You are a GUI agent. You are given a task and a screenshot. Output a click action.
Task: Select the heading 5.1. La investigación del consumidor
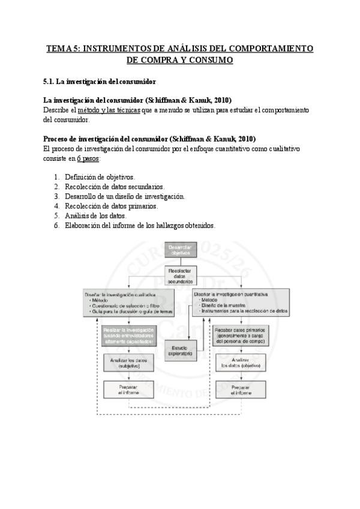pyautogui.click(x=100, y=80)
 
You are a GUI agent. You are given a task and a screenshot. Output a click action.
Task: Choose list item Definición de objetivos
pyautogui.click(x=100, y=177)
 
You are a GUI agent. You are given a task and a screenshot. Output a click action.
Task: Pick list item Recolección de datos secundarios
pyautogui.click(x=115, y=187)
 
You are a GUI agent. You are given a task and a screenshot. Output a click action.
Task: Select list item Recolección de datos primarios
pyautogui.click(x=112, y=206)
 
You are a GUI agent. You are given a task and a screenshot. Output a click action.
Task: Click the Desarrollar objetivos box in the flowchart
pyautogui.click(x=181, y=250)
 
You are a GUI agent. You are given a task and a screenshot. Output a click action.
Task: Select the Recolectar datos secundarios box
pyautogui.click(x=181, y=276)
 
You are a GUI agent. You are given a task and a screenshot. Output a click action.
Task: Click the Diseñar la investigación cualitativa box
pyautogui.click(x=129, y=303)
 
